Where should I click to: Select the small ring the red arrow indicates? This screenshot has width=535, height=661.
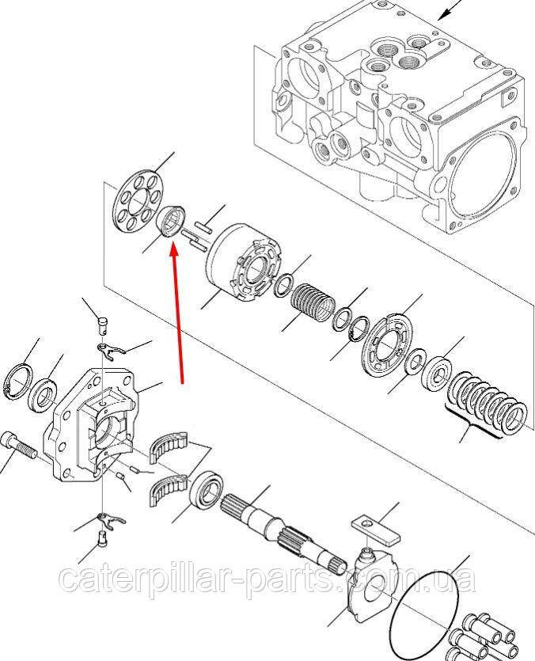[x=170, y=222]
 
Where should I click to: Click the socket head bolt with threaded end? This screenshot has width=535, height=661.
[x=20, y=446]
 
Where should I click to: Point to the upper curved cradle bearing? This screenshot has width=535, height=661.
[x=169, y=446]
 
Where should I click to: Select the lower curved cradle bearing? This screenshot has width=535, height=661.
[x=169, y=488]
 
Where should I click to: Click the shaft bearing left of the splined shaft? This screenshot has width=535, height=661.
[x=206, y=491]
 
